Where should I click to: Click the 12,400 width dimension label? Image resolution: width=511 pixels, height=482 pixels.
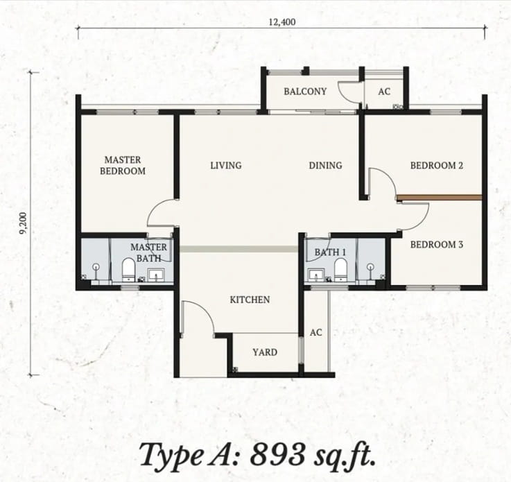[x=282, y=22]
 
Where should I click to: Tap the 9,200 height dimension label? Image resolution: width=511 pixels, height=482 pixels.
[x=24, y=223]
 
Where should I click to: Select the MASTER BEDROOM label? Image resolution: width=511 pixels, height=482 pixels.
[x=123, y=165]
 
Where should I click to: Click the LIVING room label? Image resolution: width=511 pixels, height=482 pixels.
[x=226, y=166]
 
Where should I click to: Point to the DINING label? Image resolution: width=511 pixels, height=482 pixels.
[x=325, y=166]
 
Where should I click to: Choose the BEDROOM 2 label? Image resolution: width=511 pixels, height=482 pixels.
[x=436, y=166]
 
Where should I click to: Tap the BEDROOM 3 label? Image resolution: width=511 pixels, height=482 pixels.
[x=436, y=244]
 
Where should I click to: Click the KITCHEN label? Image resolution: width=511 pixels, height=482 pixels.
[x=250, y=300]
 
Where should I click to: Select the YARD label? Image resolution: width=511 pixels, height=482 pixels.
[x=265, y=352]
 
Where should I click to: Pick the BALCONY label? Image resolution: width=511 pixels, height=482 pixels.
[x=305, y=92]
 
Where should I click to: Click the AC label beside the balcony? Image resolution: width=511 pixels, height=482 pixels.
[x=384, y=92]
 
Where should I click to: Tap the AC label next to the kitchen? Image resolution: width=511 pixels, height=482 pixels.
[x=315, y=332]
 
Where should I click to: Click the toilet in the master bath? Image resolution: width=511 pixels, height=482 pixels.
[x=128, y=270]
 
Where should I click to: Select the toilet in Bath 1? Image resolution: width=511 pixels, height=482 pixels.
[x=340, y=270]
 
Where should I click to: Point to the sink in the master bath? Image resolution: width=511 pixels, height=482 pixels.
[x=157, y=275]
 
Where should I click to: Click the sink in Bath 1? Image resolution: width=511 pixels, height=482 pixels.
[x=316, y=275]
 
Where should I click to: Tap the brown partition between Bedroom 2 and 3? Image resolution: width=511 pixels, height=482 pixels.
[x=440, y=197]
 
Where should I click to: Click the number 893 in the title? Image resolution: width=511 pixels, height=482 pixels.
[x=277, y=455]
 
